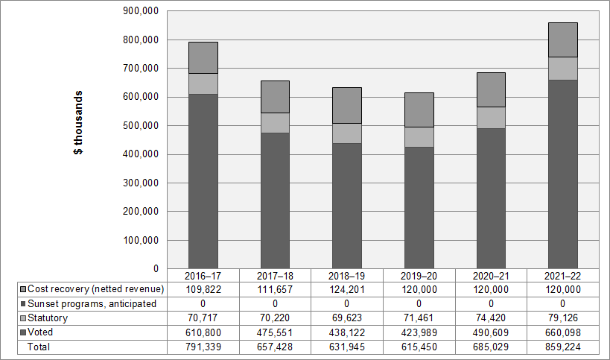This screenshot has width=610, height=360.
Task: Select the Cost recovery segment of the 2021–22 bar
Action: pos(562,40)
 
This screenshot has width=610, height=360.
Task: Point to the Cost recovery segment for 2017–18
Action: pos(275,97)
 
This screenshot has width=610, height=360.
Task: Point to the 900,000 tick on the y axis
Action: pos(142,11)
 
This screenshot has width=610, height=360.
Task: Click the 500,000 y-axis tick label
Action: pos(142,126)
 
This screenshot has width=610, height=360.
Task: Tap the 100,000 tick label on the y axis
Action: pos(142,241)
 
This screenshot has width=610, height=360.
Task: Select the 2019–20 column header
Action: pos(419,275)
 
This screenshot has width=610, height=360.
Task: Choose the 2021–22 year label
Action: pos(562,275)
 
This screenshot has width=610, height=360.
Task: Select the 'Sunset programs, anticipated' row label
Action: pos(92,303)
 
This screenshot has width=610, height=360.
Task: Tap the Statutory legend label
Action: pos(48,318)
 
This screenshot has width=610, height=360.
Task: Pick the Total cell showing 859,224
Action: pos(562,347)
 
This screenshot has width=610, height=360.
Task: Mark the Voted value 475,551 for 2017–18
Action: pos(275,332)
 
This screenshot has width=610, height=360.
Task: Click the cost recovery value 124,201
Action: pos(347,289)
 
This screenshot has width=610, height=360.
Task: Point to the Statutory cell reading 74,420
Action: pos(491,318)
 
